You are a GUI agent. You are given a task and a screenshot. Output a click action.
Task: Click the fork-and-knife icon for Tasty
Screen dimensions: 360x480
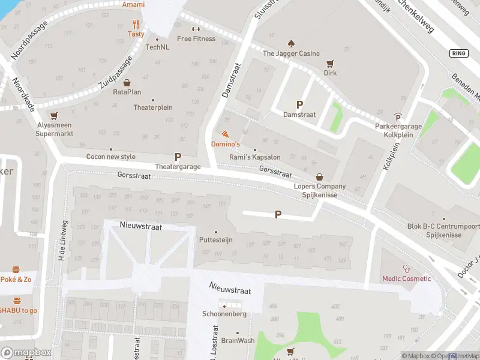pyautogui.click(x=136, y=25)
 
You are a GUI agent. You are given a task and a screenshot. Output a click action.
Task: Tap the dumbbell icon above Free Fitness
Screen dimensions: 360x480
pyautogui.click(x=196, y=29)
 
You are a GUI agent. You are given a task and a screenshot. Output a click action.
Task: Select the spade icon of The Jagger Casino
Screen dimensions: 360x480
pyautogui.click(x=291, y=43)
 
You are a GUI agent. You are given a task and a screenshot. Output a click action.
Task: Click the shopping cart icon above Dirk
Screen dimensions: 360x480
pyautogui.click(x=329, y=63)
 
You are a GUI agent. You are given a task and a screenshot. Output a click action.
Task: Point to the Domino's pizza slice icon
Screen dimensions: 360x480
pyautogui.click(x=225, y=134)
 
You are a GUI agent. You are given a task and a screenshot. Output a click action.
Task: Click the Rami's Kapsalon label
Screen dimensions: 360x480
pyautogui.click(x=255, y=157)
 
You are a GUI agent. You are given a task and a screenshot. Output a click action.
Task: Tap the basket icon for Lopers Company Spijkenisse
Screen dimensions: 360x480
pyautogui.click(x=319, y=177)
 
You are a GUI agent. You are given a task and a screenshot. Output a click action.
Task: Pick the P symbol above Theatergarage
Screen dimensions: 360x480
pyautogui.click(x=178, y=157)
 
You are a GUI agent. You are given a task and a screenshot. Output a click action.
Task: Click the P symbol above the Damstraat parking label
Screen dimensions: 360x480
pyautogui.click(x=299, y=104)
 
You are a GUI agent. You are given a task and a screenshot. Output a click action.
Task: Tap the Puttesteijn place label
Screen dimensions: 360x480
pyautogui.click(x=215, y=240)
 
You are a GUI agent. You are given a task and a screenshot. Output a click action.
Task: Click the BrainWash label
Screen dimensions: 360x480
pyautogui.click(x=238, y=340)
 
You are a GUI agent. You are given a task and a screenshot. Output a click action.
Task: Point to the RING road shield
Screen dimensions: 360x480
pyautogui.click(x=458, y=53)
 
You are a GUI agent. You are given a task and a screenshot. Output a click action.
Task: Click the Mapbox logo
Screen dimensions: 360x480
pyautogui.click(x=26, y=353)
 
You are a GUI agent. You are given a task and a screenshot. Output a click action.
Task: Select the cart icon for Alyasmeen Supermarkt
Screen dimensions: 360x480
pyautogui.click(x=55, y=116)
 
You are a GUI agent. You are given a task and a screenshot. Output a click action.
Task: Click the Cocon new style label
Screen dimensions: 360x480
pyautogui.click(x=111, y=157)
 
